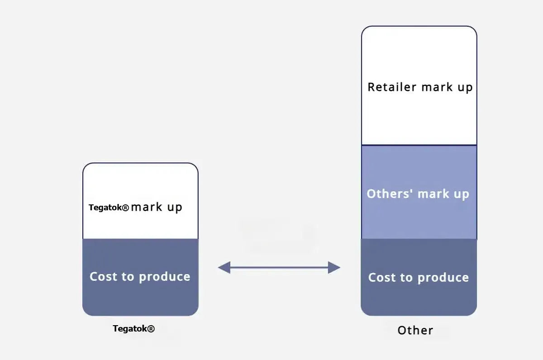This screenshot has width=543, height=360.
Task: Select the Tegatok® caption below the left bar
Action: pos(133,328)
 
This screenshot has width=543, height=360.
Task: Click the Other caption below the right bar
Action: pos(415,330)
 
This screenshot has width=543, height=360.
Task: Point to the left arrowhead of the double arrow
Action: pos(224,267)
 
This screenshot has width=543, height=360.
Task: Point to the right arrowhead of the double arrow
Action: pos(334,267)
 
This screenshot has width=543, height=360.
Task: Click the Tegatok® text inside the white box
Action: pos(109,208)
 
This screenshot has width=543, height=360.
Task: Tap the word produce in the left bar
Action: pos(165,277)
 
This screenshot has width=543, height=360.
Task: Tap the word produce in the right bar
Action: pos(443,278)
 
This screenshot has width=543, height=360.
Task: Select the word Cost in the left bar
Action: pos(104,276)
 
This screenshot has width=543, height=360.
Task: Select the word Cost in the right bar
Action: pos(382,277)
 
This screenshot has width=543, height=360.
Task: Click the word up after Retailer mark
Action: pos(465,88)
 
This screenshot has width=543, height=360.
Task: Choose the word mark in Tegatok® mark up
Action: pos(147,207)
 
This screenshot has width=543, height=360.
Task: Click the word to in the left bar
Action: pos(128,277)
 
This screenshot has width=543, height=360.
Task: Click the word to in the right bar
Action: pos(406,277)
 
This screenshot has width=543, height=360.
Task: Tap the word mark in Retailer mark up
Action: pos(437,87)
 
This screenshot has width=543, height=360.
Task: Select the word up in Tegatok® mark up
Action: pos(175,208)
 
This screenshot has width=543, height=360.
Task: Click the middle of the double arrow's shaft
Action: pos(279,267)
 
